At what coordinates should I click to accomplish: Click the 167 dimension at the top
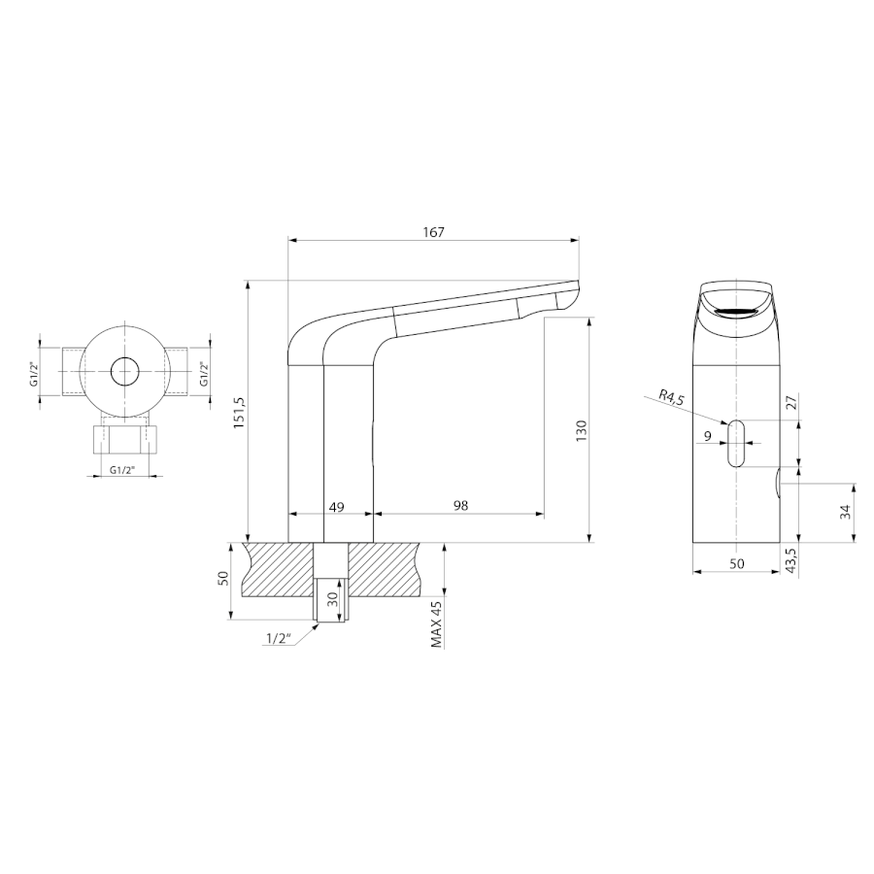434,232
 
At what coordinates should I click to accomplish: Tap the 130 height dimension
581,430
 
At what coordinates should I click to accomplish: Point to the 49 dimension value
336,507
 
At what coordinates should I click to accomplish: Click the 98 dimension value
460,506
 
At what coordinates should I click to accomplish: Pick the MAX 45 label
436,623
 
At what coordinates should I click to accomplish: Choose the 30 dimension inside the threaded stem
333,599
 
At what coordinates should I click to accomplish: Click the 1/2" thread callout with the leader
280,638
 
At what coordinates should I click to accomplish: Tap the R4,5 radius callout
672,397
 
